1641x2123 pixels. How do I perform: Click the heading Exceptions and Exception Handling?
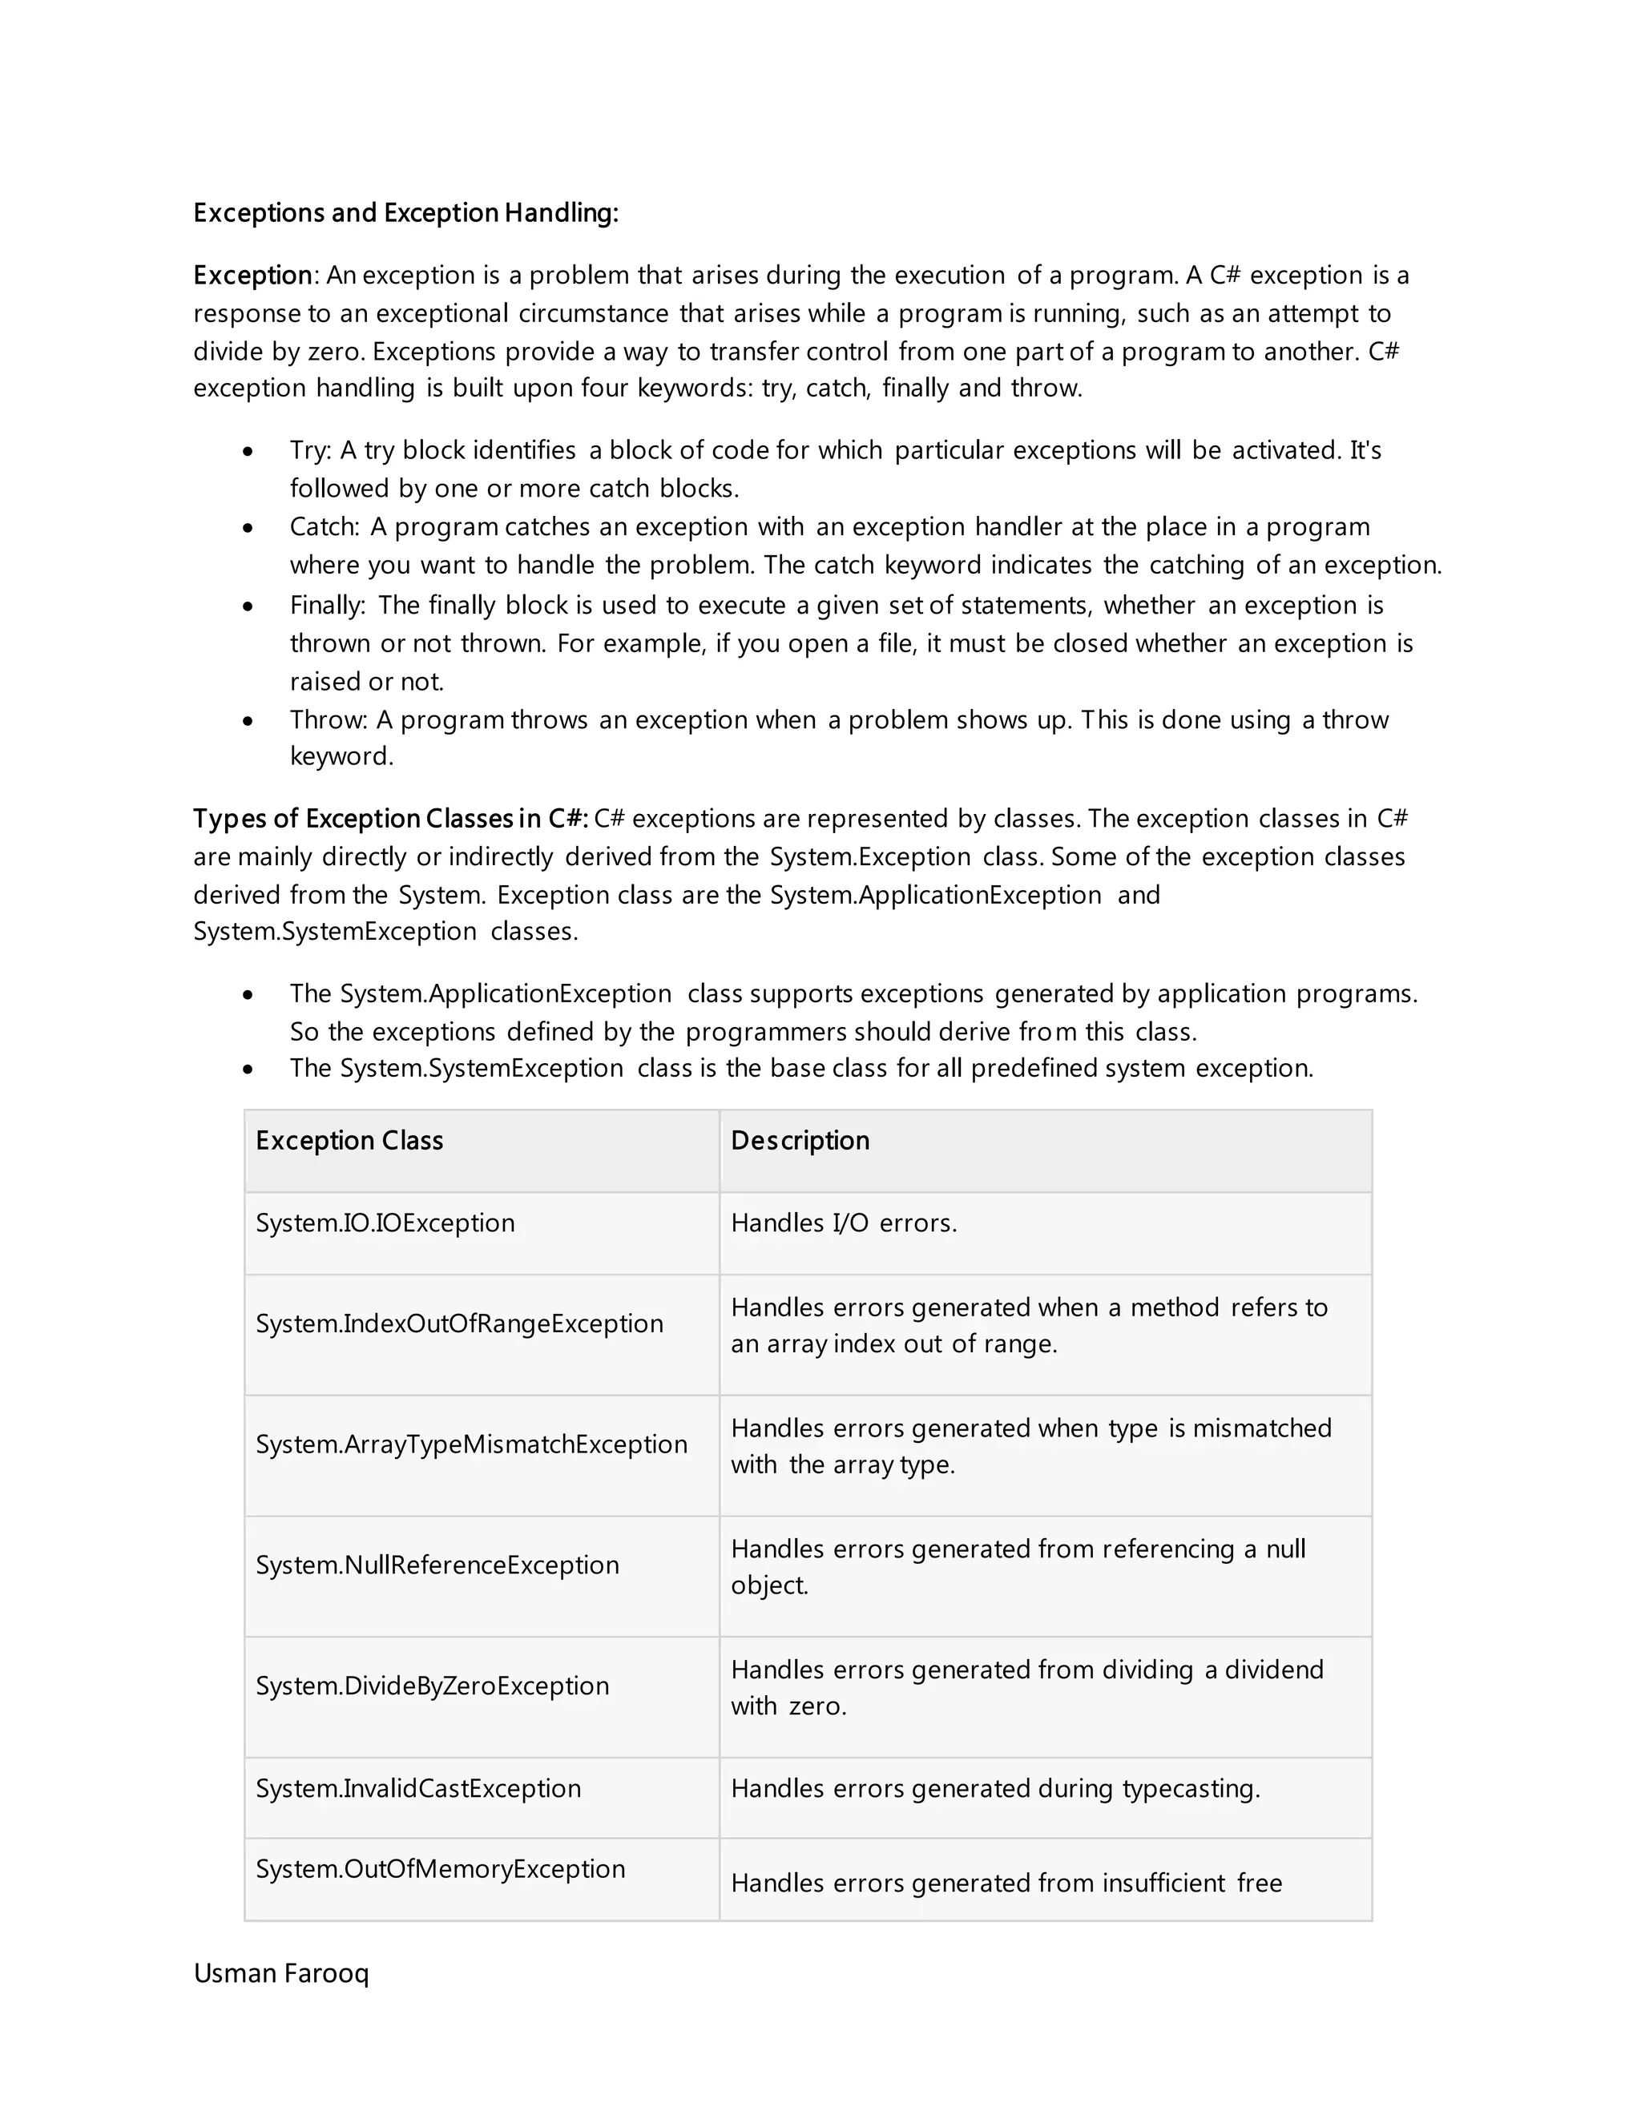405,213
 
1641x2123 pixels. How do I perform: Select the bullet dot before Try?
249,452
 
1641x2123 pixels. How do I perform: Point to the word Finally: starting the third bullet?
327,606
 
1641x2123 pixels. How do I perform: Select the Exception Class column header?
349,1140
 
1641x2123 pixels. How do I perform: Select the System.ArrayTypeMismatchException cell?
470,1444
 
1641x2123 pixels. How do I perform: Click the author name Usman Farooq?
281,1973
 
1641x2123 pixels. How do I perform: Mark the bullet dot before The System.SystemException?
249,1070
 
